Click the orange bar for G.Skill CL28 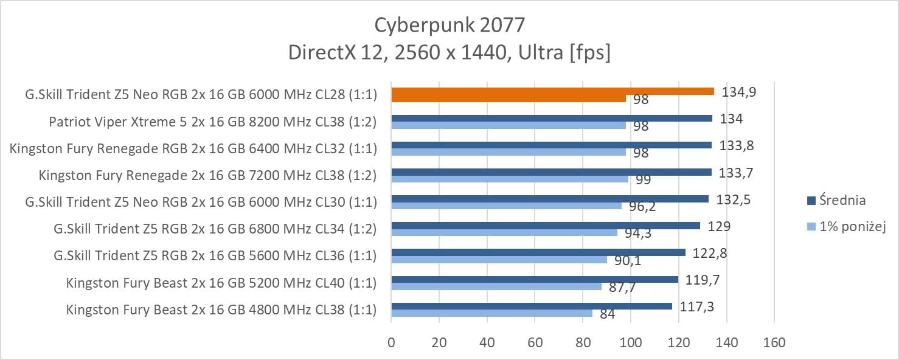(552, 91)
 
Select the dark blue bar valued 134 (551, 118)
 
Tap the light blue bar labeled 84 (491, 313)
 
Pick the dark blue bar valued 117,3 (531, 306)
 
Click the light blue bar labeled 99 (509, 179)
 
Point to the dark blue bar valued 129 (545, 226)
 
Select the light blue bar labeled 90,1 (499, 260)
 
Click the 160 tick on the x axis (774, 342)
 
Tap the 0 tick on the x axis (391, 342)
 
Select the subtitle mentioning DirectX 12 (449, 53)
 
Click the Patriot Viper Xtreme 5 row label (212, 122)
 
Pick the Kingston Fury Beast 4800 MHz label (221, 310)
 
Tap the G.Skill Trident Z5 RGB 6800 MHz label (215, 229)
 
